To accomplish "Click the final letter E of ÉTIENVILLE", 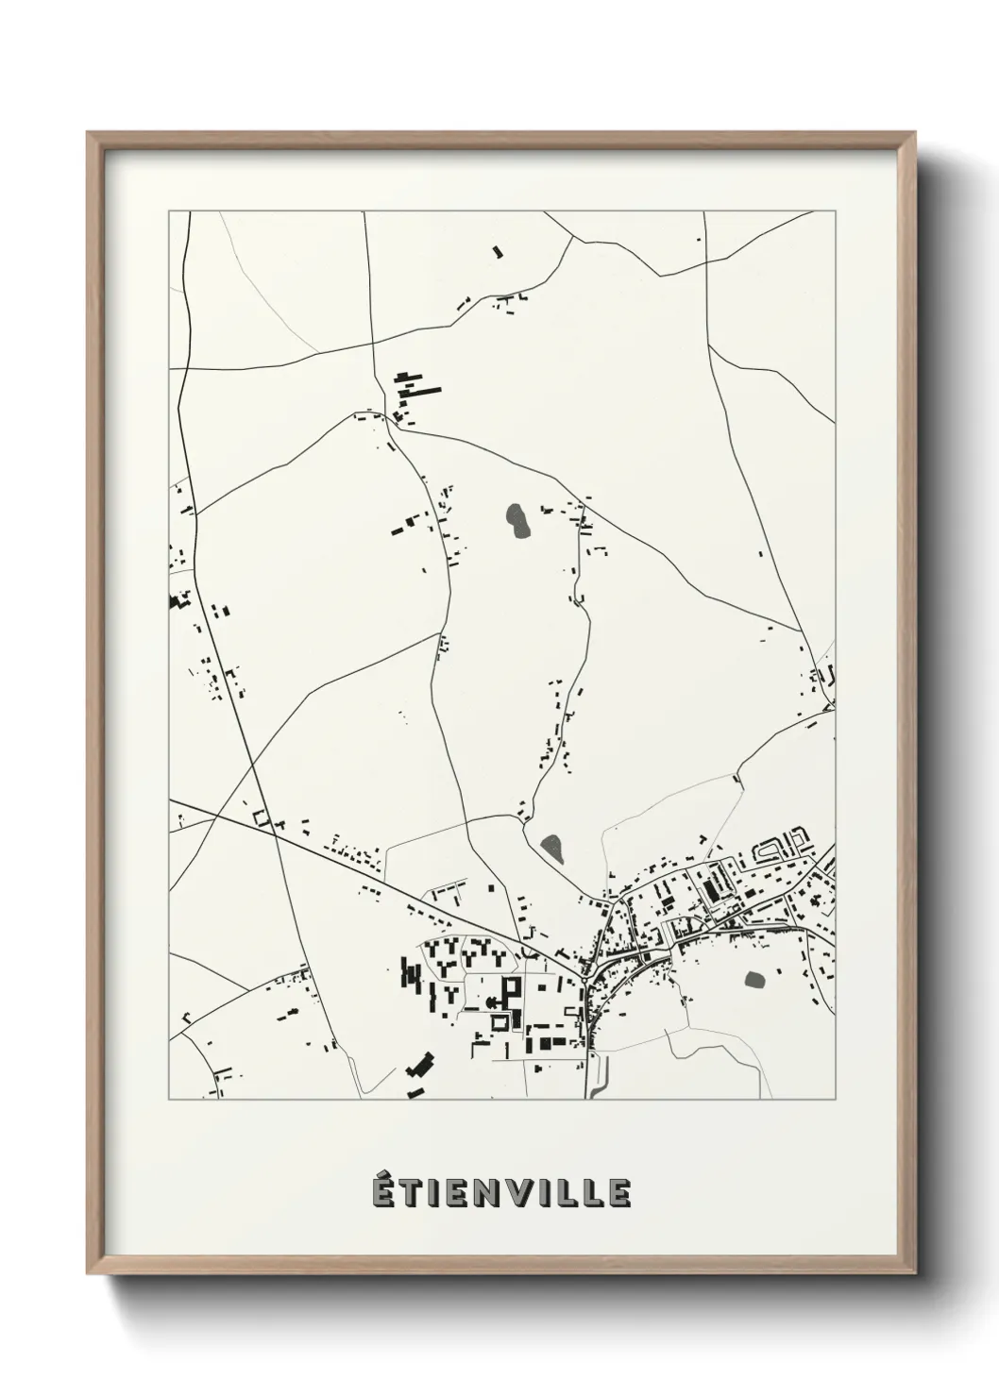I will tap(620, 1193).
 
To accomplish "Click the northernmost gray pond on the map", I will tap(517, 519).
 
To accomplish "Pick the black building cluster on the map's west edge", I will tap(177, 600).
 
